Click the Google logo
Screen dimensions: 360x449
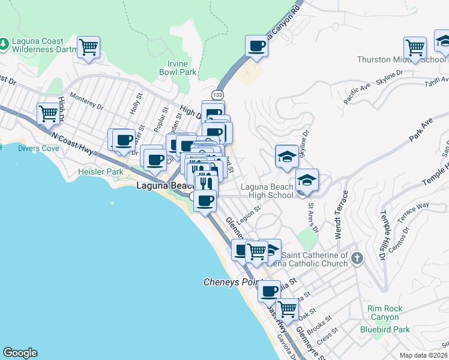point(20,353)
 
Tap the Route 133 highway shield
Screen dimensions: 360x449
point(217,95)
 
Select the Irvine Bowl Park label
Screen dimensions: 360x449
point(178,68)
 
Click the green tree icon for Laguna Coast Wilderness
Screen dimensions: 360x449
point(5,44)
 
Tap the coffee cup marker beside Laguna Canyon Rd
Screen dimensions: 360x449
point(257,46)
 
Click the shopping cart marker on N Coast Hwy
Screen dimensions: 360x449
point(47,112)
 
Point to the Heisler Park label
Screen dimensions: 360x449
point(101,172)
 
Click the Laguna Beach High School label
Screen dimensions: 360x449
point(267,191)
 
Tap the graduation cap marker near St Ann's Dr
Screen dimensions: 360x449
point(307,181)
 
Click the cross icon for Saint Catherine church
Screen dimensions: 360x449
point(357,260)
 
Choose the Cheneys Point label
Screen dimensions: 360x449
point(229,282)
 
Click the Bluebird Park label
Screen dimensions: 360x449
point(385,329)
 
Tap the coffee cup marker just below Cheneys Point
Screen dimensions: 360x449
point(270,291)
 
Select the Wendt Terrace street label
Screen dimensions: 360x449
point(340,215)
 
